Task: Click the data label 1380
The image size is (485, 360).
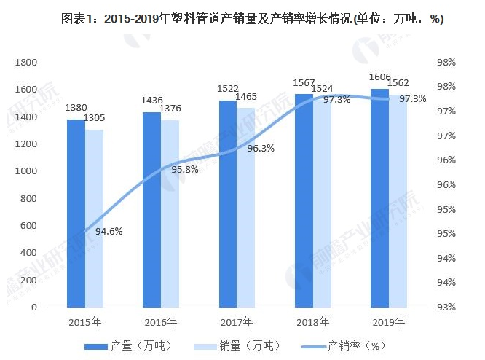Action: (x=76, y=108)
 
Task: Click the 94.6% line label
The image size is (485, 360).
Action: (x=109, y=232)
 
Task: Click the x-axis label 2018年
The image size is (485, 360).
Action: (x=313, y=321)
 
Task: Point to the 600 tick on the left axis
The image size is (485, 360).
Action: (x=28, y=226)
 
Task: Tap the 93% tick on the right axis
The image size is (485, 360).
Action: (x=446, y=307)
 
